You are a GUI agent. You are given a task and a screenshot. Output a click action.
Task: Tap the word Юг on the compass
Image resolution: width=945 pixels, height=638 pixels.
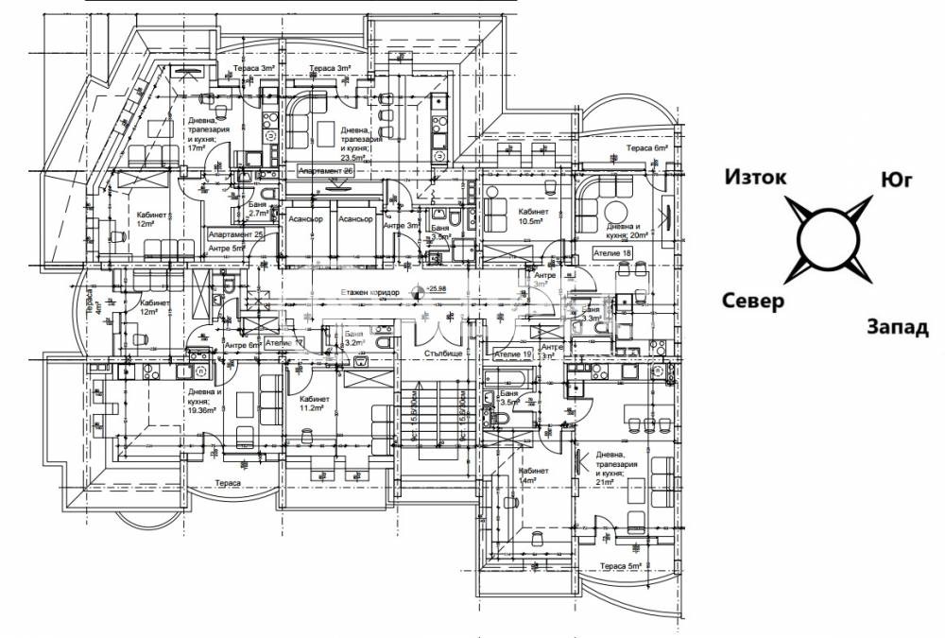(895, 180)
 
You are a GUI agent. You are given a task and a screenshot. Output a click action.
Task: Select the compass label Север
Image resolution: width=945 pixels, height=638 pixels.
(753, 302)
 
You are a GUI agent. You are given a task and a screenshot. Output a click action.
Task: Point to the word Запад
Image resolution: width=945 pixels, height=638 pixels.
(897, 328)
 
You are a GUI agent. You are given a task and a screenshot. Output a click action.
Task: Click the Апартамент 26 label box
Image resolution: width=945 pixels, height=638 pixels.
(326, 171)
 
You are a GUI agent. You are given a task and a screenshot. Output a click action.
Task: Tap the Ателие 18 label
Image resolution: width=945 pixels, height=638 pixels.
(612, 254)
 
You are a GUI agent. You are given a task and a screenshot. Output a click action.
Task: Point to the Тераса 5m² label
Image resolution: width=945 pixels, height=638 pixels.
(622, 566)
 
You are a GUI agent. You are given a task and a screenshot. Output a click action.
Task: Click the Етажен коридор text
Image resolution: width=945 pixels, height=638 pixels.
(369, 292)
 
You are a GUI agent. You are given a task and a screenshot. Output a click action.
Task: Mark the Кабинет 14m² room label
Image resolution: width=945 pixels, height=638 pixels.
(533, 475)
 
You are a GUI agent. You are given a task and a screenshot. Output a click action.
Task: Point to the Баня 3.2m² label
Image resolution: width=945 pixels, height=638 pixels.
(354, 339)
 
